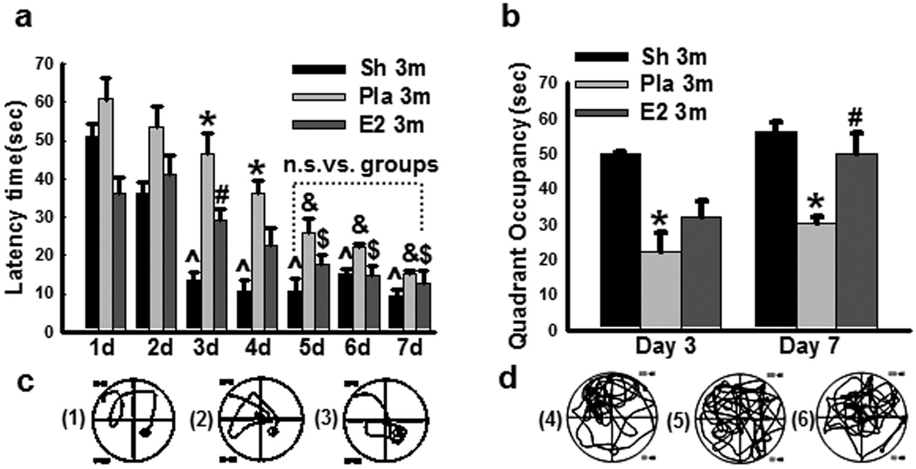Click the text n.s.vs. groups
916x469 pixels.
(x=361, y=165)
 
